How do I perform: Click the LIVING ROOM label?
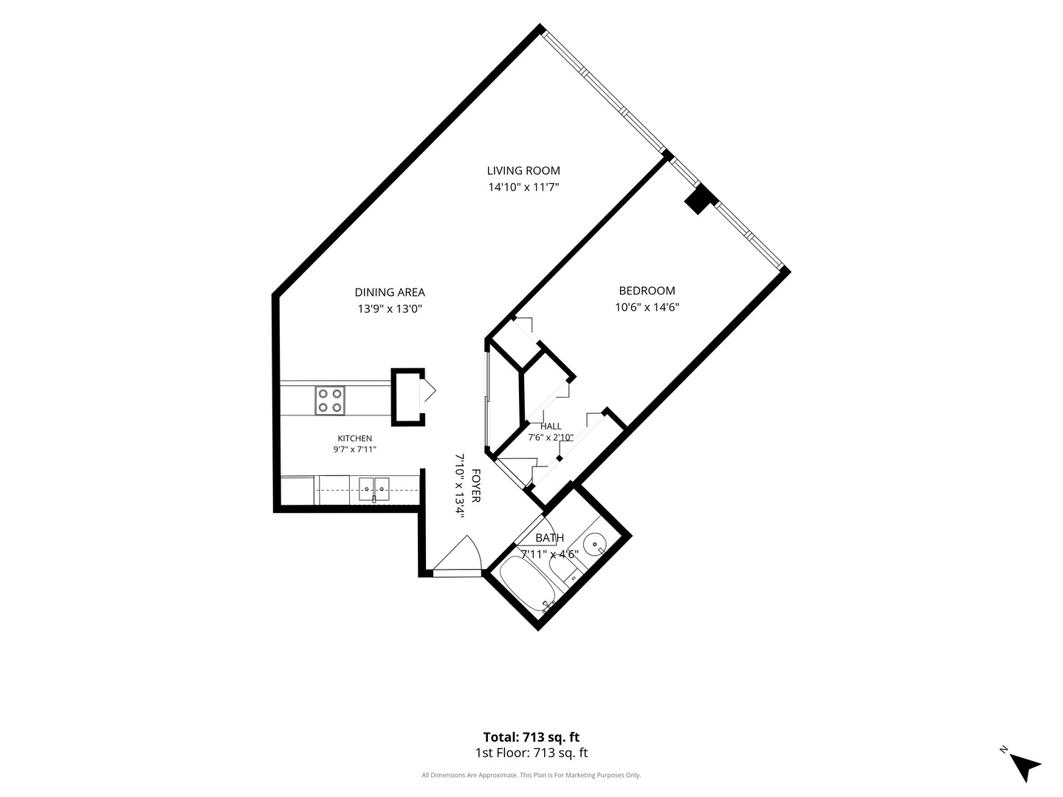click(x=523, y=170)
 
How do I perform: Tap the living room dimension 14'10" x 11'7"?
click(x=523, y=187)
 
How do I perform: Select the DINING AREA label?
click(x=390, y=292)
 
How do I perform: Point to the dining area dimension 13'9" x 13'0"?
click(x=390, y=308)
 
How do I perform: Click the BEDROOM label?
click(x=647, y=291)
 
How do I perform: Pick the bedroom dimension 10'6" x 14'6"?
click(x=647, y=307)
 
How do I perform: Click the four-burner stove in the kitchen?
click(x=330, y=401)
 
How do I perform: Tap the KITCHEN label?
click(x=355, y=438)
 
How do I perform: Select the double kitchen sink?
click(x=374, y=489)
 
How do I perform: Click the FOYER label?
click(x=475, y=486)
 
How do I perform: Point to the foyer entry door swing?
click(x=457, y=556)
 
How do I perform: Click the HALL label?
click(x=551, y=427)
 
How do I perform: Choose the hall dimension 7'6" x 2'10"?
click(x=551, y=438)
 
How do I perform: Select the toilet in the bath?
click(x=564, y=571)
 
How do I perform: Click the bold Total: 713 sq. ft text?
click(x=531, y=737)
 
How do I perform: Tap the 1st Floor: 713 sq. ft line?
click(x=531, y=753)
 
